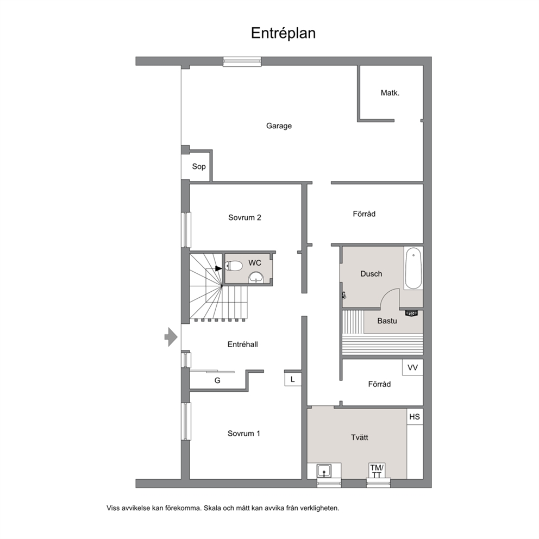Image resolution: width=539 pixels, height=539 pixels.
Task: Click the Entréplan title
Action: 283,34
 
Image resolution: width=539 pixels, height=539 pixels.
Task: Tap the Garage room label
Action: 279,126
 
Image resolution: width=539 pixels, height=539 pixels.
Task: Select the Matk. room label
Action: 390,93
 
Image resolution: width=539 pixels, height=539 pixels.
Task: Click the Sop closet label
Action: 199,167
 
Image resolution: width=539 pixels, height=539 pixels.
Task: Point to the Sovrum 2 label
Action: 245,217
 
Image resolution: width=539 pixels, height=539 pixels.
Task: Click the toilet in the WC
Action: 234,266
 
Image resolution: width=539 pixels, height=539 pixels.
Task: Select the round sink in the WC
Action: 256,278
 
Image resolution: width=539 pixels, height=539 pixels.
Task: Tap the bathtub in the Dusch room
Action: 413,268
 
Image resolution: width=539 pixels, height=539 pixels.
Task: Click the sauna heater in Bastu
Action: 411,313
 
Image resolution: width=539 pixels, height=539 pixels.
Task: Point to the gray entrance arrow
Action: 171,337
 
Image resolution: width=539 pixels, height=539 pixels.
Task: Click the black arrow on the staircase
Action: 218,268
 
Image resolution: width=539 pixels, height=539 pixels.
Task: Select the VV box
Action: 412,367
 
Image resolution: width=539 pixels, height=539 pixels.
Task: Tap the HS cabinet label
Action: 414,417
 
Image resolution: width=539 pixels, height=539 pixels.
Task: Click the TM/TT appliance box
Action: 377,471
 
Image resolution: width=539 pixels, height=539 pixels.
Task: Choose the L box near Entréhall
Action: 293,379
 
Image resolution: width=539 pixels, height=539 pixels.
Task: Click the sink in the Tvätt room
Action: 324,471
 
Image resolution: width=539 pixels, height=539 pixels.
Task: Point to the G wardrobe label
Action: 217,380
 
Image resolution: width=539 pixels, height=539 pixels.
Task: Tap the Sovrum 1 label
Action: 244,434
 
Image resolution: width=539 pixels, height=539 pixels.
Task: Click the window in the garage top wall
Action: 242,61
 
